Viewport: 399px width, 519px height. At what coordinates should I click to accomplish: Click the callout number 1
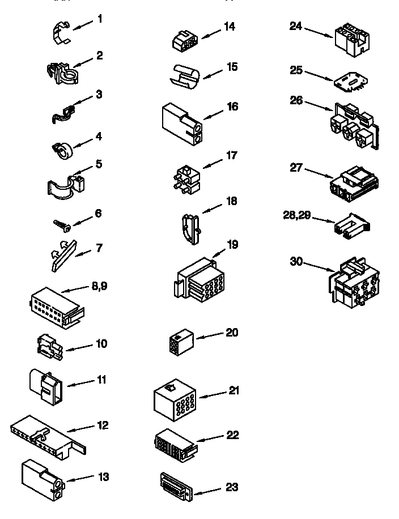[x=100, y=19]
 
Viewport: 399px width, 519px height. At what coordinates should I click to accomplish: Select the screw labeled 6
[x=62, y=224]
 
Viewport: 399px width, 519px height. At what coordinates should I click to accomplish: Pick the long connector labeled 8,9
[x=56, y=307]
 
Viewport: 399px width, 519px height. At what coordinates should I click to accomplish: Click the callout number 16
[x=231, y=107]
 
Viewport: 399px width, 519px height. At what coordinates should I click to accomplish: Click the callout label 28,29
[x=296, y=215]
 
